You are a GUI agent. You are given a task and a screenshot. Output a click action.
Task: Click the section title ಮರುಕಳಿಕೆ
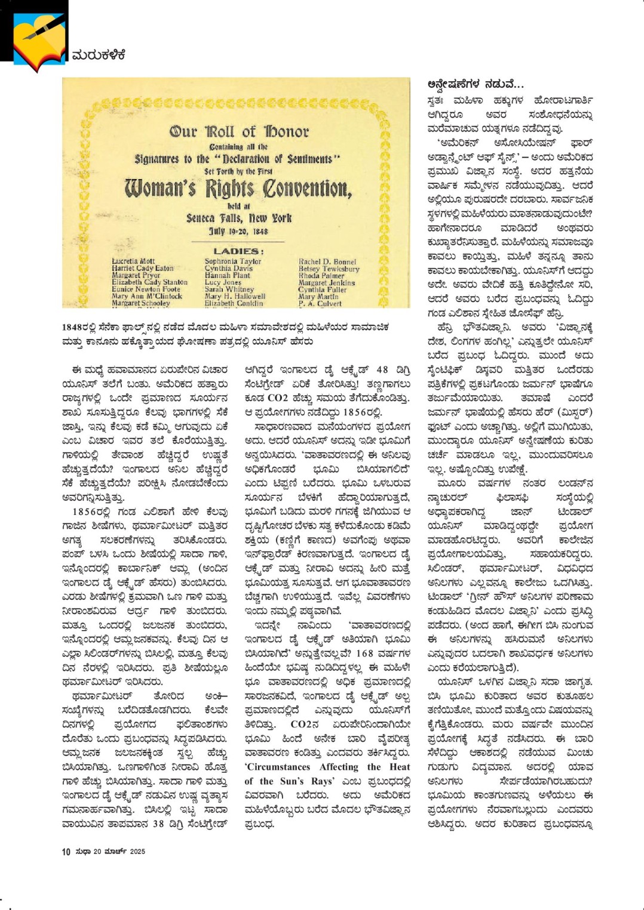(99, 55)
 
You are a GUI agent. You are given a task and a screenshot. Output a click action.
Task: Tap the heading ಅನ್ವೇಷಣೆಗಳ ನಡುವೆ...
(476, 84)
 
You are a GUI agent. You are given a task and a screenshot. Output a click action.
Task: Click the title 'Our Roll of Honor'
(239, 131)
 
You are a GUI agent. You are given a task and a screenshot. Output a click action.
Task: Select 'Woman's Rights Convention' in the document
(238, 189)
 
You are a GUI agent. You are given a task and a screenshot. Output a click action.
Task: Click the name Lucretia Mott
(133, 261)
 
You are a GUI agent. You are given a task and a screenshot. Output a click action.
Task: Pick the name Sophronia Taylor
(233, 261)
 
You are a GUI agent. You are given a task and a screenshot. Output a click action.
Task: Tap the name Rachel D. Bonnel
(327, 262)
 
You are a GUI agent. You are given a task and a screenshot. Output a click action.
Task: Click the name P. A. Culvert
(320, 303)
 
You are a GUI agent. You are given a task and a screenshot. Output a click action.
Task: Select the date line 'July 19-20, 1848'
(238, 232)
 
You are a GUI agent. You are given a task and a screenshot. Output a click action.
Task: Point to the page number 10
(66, 852)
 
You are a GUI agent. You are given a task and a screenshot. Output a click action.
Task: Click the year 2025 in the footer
(137, 852)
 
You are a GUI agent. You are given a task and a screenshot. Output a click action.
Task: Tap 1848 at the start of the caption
(73, 327)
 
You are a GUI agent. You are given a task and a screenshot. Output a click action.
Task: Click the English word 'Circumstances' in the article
(277, 767)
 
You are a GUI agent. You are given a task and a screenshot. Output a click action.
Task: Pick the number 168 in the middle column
(364, 636)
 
